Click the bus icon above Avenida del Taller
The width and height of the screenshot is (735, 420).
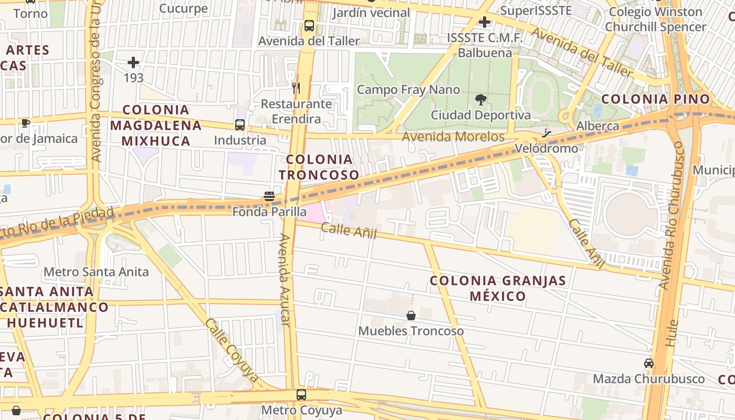click(309, 26)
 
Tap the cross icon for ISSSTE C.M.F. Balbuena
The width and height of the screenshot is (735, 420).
click(484, 22)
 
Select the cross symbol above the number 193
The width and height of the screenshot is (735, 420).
click(133, 62)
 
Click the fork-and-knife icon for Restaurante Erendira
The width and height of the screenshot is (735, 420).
click(297, 88)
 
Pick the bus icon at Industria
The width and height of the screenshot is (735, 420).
click(240, 125)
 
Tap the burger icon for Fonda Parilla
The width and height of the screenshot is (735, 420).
click(269, 196)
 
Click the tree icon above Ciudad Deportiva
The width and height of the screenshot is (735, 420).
click(480, 100)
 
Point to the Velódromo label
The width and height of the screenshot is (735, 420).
click(546, 149)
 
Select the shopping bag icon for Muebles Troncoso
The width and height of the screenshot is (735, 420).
click(411, 316)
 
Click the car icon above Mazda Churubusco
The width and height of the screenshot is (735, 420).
click(649, 363)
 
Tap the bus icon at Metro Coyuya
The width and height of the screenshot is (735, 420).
click(301, 394)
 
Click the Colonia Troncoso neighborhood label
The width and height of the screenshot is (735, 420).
click(319, 167)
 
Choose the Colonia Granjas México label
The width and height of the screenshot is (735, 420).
click(498, 288)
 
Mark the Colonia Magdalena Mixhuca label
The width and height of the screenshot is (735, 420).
click(156, 125)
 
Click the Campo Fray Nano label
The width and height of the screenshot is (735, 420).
click(408, 90)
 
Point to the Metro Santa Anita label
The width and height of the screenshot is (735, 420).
click(96, 272)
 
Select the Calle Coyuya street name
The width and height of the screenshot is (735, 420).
click(233, 349)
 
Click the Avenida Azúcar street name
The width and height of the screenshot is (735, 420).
click(285, 279)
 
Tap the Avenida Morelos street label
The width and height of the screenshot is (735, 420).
click(453, 136)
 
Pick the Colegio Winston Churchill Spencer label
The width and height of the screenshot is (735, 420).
click(655, 19)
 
